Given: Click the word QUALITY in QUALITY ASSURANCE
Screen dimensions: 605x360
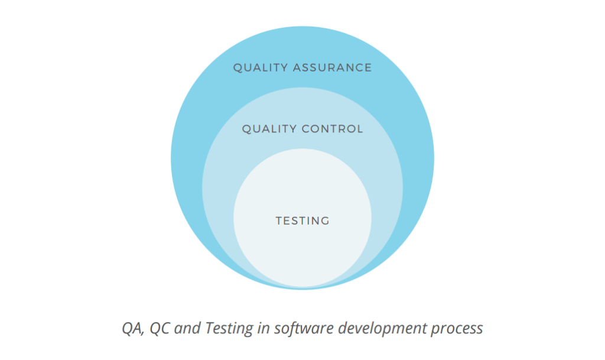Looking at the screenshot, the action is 261,68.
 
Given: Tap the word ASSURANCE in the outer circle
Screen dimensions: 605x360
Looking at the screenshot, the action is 332,67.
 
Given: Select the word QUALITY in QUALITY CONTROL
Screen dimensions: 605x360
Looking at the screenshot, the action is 269,129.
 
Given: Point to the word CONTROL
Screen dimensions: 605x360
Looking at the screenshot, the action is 333,128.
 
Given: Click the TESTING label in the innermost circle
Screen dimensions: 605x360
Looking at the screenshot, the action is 302,220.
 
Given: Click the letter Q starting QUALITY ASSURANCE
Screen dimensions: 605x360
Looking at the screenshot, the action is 238,68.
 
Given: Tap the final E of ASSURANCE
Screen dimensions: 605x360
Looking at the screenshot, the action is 369,67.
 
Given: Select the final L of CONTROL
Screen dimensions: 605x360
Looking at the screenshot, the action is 360,128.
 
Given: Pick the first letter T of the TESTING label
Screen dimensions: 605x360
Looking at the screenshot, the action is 279,220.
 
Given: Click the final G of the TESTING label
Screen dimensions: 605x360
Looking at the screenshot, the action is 326,220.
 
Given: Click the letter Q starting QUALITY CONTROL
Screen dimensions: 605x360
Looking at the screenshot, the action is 246,129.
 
